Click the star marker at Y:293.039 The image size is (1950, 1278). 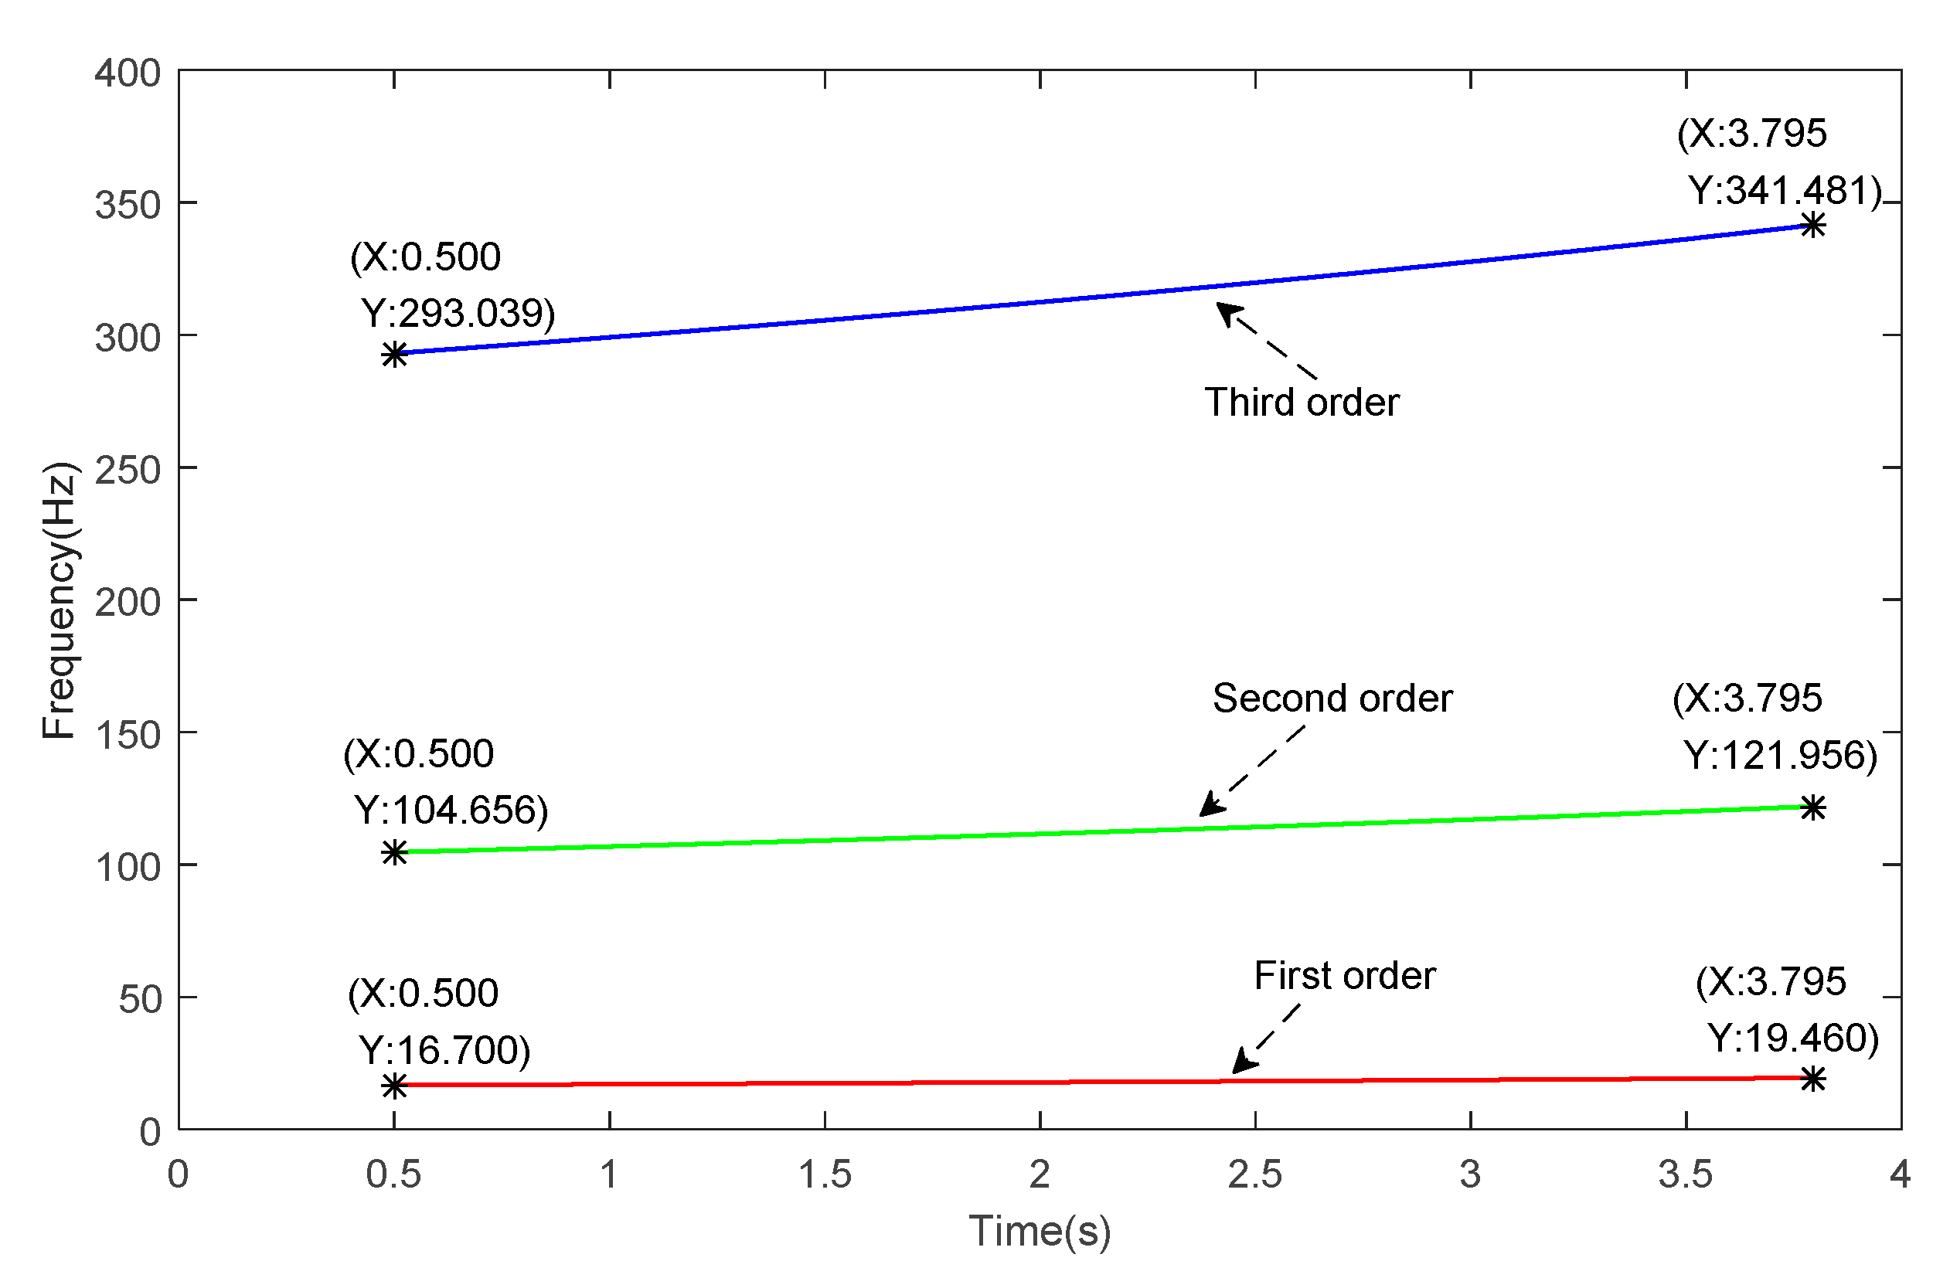pyautogui.click(x=394, y=355)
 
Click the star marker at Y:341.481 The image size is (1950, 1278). pyautogui.click(x=1812, y=226)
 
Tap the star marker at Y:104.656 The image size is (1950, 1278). pyautogui.click(x=394, y=853)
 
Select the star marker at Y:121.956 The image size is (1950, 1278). pyautogui.click(x=1812, y=807)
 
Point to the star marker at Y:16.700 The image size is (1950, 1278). pyautogui.click(x=394, y=1086)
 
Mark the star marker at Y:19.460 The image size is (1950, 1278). pyautogui.click(x=1812, y=1079)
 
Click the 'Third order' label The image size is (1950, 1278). pyautogui.click(x=1301, y=403)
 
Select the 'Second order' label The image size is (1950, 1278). pyautogui.click(x=1332, y=698)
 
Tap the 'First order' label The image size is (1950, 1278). pyautogui.click(x=1345, y=976)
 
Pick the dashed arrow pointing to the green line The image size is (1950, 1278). pyautogui.click(x=1252, y=771)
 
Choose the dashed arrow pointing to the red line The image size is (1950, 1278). pyautogui.click(x=1266, y=1038)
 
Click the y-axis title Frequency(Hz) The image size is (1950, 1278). pyautogui.click(x=59, y=600)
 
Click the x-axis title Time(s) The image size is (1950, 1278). pyautogui.click(x=1039, y=1231)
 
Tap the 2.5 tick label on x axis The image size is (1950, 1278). pyautogui.click(x=1254, y=1174)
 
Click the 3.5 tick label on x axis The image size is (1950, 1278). pyautogui.click(x=1686, y=1174)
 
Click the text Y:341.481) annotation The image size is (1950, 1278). pyautogui.click(x=1785, y=190)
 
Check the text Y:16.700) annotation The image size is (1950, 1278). pyautogui.click(x=445, y=1050)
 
